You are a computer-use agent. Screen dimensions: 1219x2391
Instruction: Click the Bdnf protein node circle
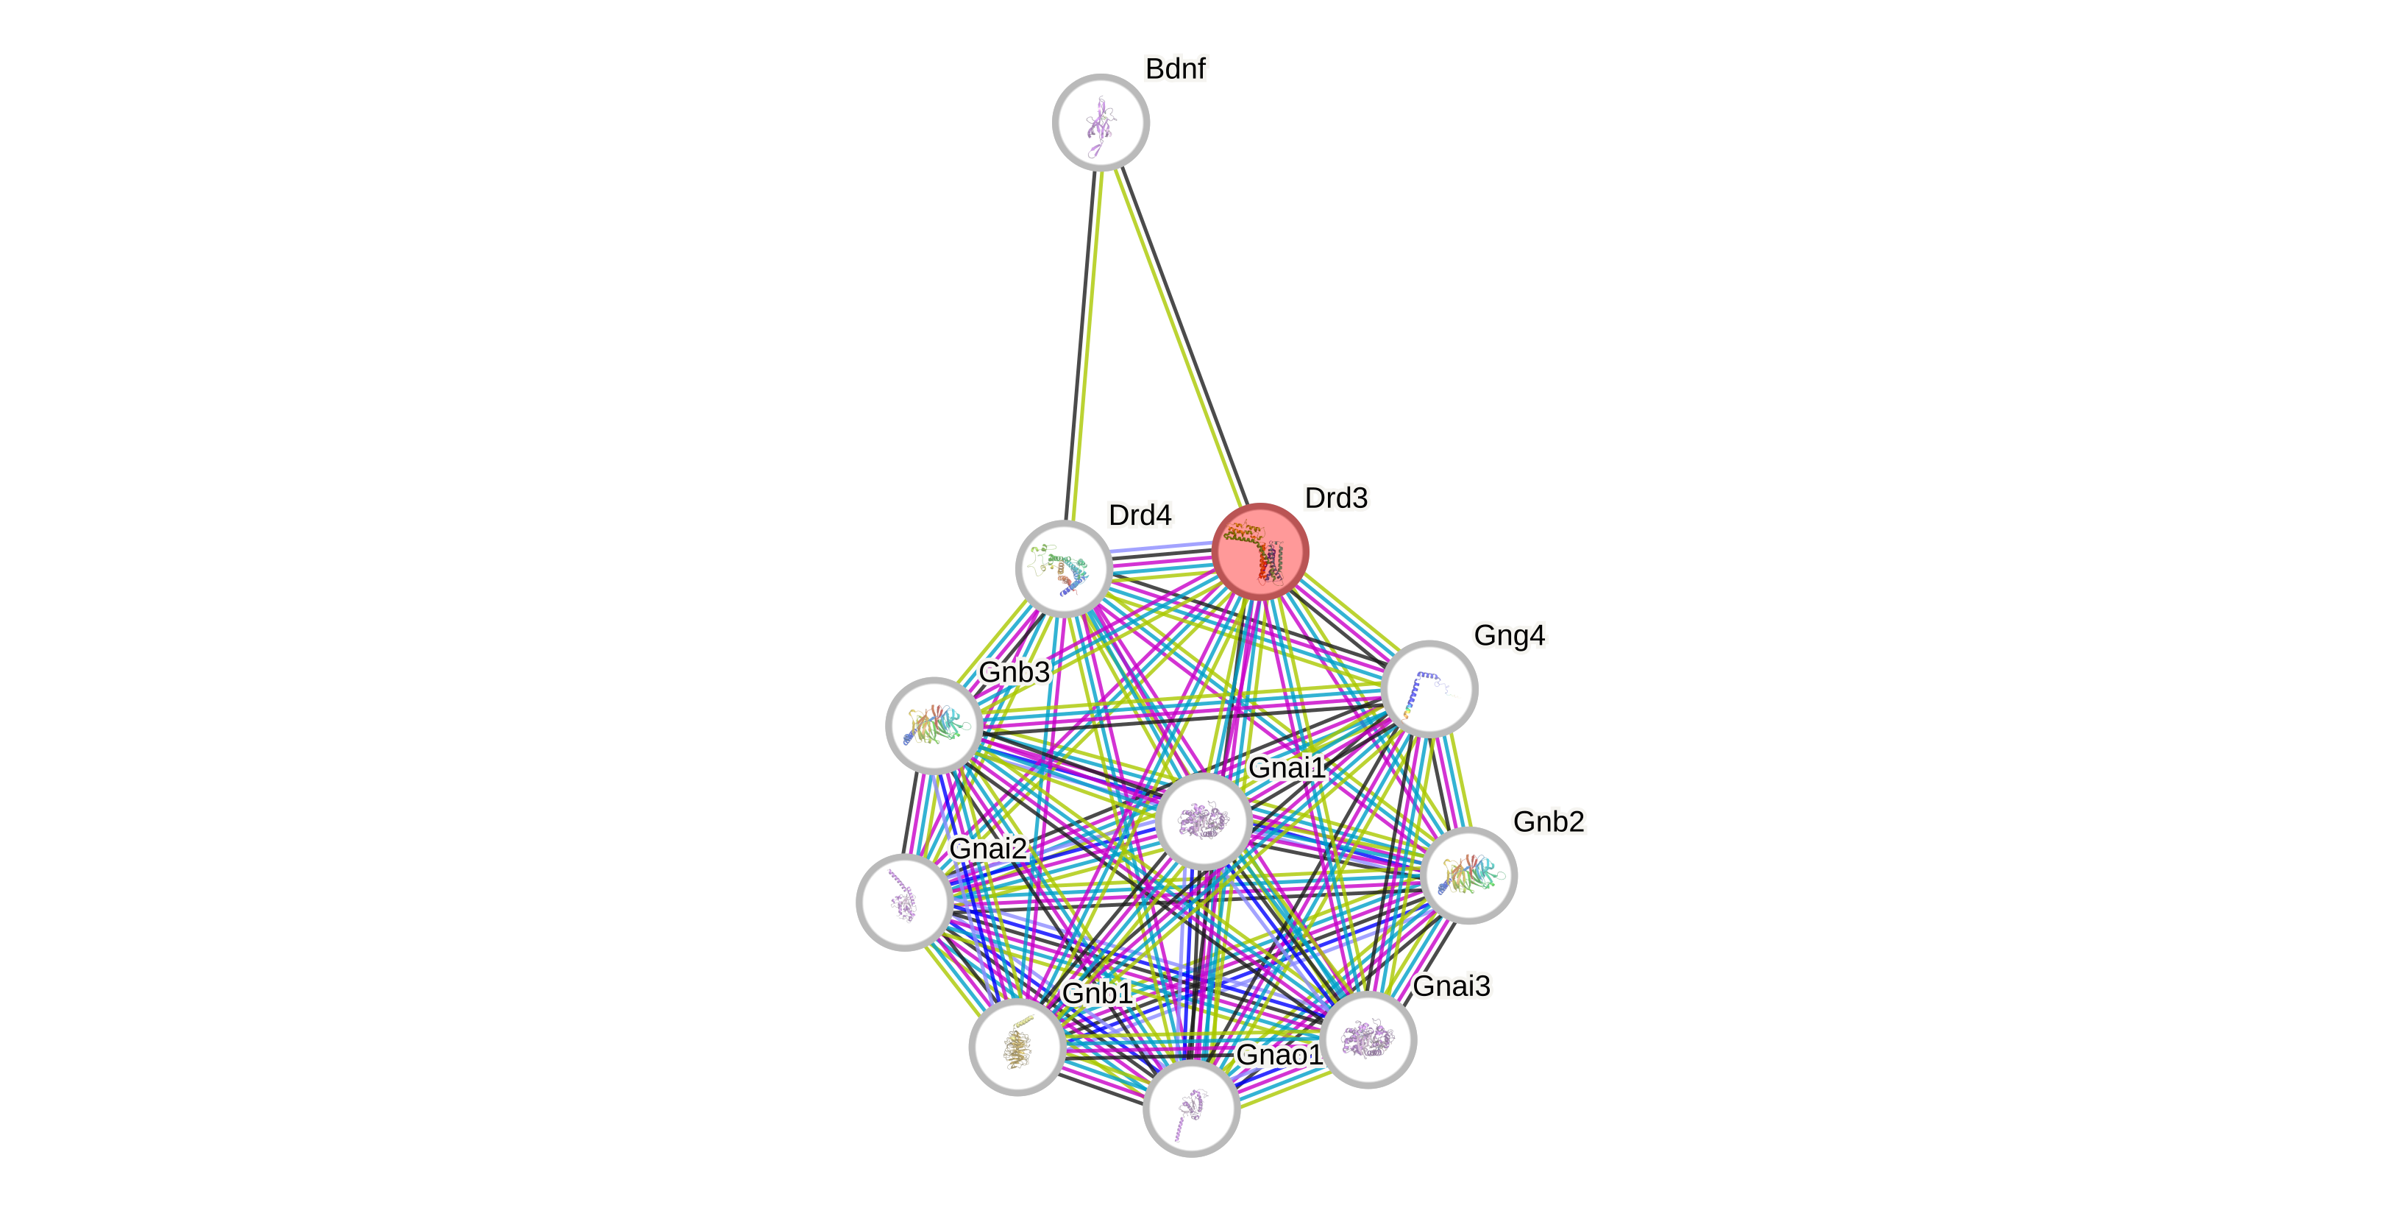[1101, 122]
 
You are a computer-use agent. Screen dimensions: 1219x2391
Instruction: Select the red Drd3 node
[1260, 551]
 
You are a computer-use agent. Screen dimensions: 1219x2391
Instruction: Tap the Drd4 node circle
[1064, 568]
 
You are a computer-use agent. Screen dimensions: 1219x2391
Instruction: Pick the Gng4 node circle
[1429, 689]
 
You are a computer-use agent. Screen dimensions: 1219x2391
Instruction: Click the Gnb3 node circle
[934, 725]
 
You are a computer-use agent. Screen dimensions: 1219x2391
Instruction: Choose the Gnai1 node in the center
[1204, 821]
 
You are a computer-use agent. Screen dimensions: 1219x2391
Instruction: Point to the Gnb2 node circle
[1468, 875]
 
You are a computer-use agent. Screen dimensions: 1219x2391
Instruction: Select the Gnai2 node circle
[904, 902]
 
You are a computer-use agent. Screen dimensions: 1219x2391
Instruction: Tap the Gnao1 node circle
[1191, 1109]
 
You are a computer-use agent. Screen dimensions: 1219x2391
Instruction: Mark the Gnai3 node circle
[1368, 1039]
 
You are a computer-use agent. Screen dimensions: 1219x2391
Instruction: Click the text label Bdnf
[1175, 68]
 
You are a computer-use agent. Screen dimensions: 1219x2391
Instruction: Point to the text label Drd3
[1336, 498]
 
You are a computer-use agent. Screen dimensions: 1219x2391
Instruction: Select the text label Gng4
[1509, 635]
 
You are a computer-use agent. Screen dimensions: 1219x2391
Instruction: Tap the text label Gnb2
[1548, 821]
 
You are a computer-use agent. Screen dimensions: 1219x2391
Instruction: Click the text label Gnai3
[1452, 985]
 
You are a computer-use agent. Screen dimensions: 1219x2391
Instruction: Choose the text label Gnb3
[1014, 671]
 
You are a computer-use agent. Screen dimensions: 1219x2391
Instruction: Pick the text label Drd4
[1140, 515]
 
